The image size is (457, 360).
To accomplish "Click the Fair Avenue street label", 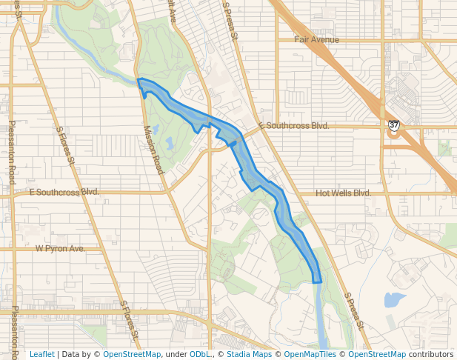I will point(316,40).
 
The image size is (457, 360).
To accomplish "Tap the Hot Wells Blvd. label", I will point(343,193).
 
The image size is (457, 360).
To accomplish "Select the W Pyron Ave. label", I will point(60,249).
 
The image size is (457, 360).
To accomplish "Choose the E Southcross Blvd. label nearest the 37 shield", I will point(294,126).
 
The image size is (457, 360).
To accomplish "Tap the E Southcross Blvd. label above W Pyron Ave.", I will point(64,191).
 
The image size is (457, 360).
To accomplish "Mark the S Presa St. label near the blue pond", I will point(354,310).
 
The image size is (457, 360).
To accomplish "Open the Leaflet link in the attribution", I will point(41,354).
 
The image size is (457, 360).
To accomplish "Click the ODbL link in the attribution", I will point(200,354).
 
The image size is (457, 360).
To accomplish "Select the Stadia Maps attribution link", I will point(249,354).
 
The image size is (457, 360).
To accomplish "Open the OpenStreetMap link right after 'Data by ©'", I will point(131,354).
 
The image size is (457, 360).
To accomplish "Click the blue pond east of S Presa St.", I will point(394,300).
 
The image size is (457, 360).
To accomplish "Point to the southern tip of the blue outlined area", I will point(317,282).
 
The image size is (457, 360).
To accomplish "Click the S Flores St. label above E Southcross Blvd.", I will point(67,144).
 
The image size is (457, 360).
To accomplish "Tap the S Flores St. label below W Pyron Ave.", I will point(130,319).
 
